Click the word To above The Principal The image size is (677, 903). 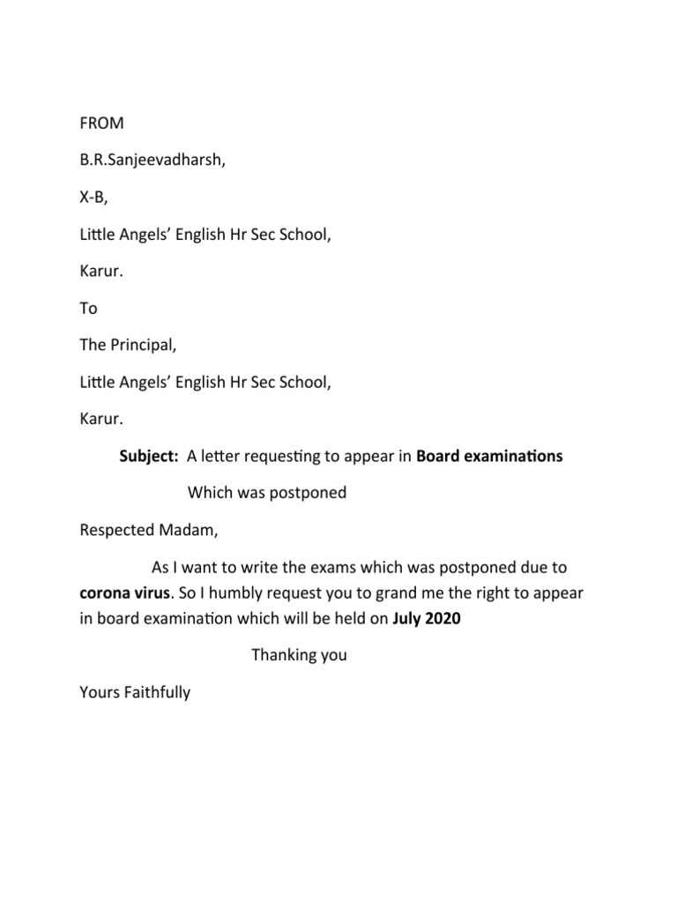pos(88,309)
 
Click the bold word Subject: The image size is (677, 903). pos(150,456)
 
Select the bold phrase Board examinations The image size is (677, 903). pos(489,456)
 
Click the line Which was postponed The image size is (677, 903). pos(267,493)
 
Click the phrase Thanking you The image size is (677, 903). pos(299,655)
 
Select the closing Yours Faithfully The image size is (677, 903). pos(135,692)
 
